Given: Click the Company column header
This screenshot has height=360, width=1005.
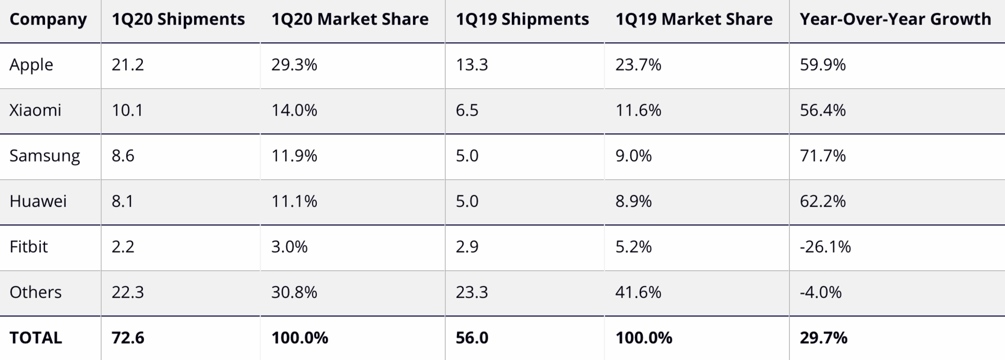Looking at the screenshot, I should (48, 19).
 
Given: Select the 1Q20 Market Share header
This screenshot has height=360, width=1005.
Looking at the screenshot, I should (350, 19).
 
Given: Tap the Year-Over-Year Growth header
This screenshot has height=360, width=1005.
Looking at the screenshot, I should (895, 19).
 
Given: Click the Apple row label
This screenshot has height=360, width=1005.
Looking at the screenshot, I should (31, 65).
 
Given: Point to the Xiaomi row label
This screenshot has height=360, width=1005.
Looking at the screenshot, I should (35, 110).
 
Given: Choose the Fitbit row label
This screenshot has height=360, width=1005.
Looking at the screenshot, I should (29, 246).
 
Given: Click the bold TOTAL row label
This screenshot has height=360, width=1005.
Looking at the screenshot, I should (36, 337).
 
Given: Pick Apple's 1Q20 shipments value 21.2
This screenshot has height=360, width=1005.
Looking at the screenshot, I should (128, 65).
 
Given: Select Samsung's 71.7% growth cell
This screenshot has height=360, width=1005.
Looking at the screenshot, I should (822, 156).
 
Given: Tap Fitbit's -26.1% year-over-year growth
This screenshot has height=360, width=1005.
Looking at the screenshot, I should (825, 246).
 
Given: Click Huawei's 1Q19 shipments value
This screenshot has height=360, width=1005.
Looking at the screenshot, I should (467, 201).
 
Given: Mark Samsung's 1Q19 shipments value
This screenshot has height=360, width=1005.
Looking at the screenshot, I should (467, 156).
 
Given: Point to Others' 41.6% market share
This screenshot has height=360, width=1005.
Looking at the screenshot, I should (638, 292).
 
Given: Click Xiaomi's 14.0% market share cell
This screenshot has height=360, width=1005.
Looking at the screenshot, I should (294, 110).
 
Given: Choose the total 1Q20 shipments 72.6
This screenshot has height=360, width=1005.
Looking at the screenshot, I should (128, 337).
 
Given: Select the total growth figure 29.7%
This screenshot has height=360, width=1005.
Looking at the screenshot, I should (823, 337).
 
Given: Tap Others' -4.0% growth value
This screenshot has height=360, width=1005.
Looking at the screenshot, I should (820, 292).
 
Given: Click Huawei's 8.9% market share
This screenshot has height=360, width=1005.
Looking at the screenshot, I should (633, 201).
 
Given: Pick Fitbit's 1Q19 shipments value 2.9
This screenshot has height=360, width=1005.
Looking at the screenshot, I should (467, 246).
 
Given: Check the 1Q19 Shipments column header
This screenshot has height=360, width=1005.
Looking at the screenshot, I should (522, 19).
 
